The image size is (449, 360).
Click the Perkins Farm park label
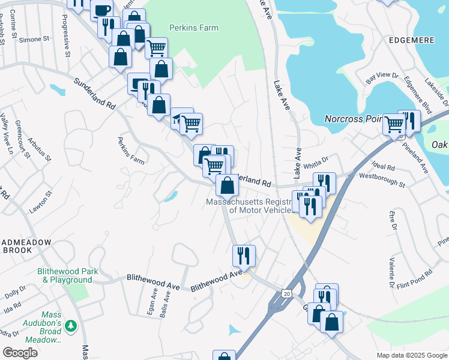(x=194, y=28)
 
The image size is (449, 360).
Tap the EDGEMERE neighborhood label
(x=411, y=40)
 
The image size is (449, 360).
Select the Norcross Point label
(x=354, y=119)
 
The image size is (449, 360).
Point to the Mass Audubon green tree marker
(x=71, y=326)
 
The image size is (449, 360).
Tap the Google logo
(x=20, y=352)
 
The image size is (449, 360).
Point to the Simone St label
(x=34, y=40)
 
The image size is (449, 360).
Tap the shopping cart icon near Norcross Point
(x=394, y=124)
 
